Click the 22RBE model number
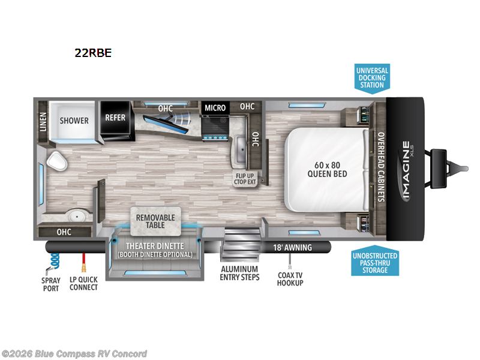pos(93,53)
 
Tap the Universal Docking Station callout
pos(372,78)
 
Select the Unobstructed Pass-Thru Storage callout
pos(375,261)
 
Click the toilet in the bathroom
pos(56,161)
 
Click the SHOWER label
pos(74,121)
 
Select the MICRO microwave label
pos(215,108)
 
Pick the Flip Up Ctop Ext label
pos(245,179)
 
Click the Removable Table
pos(155,221)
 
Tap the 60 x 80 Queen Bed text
pos(327,170)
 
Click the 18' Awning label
pos(292,247)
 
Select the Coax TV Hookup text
pos(290,279)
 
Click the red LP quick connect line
pos(83,263)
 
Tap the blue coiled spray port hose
pos(54,262)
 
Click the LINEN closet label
pos(43,122)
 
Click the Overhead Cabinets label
pos(380,167)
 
